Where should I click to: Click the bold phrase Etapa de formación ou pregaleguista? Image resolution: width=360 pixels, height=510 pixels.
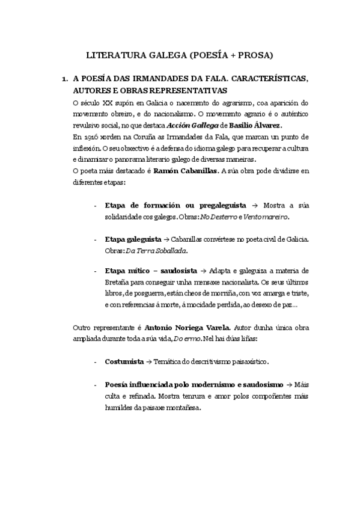(x=171, y=204)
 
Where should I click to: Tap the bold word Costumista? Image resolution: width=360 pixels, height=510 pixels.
(x=124, y=363)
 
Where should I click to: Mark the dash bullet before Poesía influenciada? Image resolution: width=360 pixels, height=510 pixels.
(x=97, y=385)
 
